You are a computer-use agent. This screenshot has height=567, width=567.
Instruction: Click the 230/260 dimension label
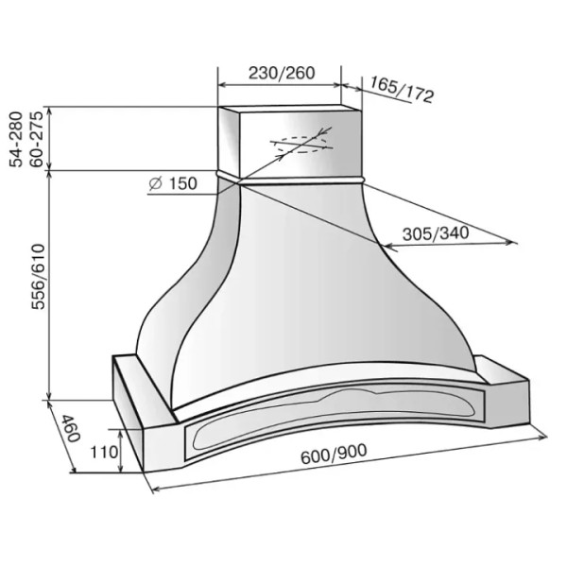click(282, 73)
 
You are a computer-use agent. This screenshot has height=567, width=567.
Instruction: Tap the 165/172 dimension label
click(402, 90)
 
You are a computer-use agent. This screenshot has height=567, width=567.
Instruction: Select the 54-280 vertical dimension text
click(16, 140)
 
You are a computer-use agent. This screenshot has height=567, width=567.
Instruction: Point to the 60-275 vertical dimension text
click(36, 140)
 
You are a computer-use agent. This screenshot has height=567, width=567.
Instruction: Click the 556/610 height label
click(38, 277)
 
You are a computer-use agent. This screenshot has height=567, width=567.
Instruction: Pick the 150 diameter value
click(183, 183)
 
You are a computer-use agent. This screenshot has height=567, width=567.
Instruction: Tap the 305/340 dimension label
click(436, 233)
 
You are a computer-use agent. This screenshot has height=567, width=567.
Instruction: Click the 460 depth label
click(70, 429)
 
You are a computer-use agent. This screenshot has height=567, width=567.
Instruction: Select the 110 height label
click(104, 452)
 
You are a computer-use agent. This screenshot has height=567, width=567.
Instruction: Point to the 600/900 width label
click(334, 454)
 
